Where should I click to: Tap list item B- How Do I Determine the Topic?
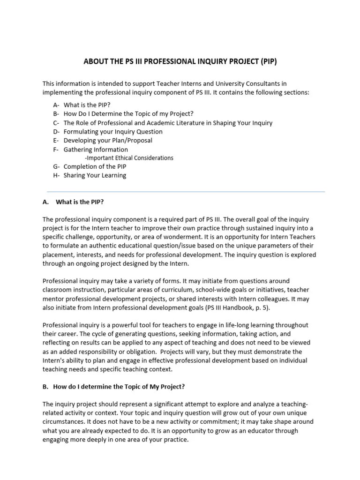123,114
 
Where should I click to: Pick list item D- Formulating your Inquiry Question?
108,132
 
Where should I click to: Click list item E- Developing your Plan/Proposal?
103,140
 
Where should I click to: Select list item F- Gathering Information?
90,150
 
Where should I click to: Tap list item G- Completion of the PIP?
90,166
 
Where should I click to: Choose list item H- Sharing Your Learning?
90,175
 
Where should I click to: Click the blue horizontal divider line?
186,191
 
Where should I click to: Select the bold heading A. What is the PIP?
73,202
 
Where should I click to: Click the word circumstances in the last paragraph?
64,421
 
